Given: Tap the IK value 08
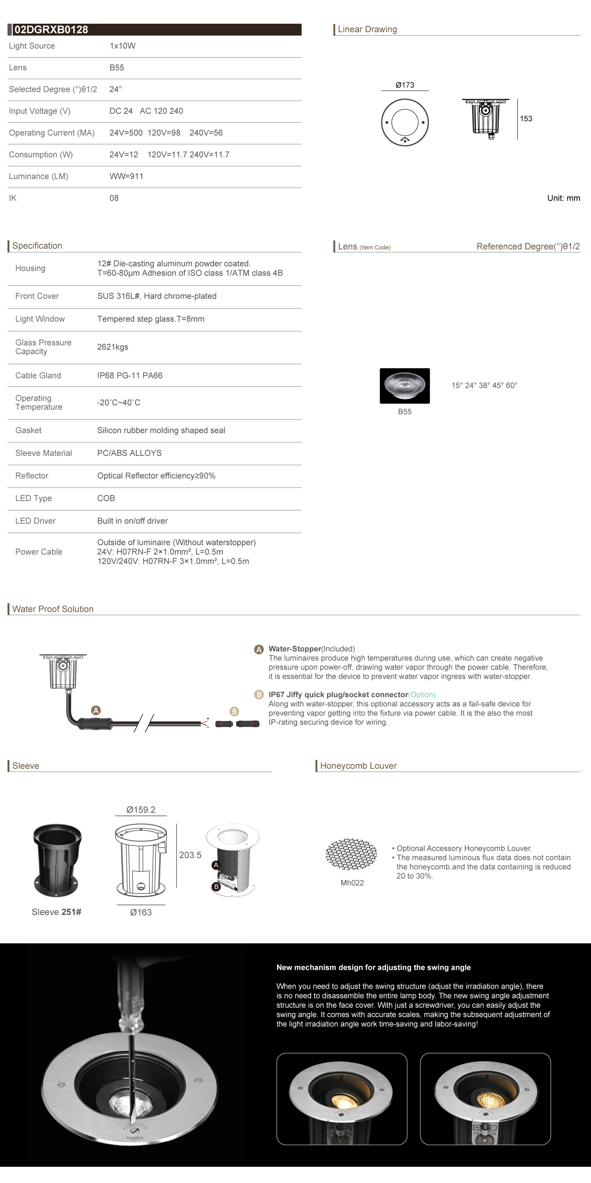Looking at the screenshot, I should click(x=114, y=199).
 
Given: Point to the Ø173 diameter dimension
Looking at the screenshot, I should click(x=405, y=85).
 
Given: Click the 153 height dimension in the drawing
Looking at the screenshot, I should click(x=526, y=119).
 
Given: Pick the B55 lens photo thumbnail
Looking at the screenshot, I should click(x=405, y=386).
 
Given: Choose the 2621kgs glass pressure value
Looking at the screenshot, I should click(x=113, y=347).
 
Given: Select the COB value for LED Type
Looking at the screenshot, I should click(x=106, y=498).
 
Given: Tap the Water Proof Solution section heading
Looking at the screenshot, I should click(x=53, y=609).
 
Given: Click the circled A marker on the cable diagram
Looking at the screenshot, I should click(x=96, y=711).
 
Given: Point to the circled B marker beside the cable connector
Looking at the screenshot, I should click(x=234, y=711).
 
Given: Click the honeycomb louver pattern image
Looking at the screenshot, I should click(x=351, y=854).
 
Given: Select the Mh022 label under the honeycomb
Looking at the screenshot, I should click(x=352, y=882).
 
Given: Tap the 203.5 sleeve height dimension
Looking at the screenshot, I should click(x=190, y=855).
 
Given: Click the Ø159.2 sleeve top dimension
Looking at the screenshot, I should click(x=141, y=810).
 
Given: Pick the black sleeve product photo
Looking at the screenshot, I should click(x=58, y=860).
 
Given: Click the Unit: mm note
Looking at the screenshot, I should click(x=563, y=199).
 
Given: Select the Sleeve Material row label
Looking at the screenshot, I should click(x=44, y=453).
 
